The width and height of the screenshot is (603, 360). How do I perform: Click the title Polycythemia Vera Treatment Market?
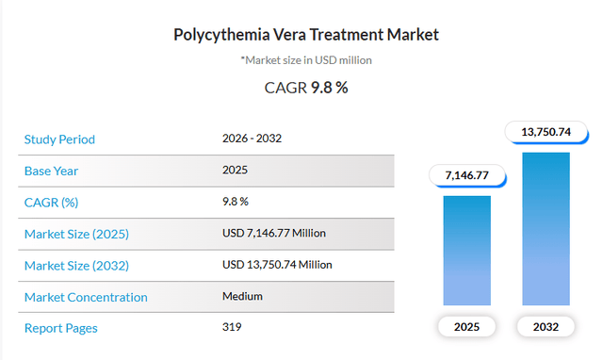click(305, 35)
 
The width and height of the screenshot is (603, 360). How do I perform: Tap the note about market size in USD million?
click(305, 60)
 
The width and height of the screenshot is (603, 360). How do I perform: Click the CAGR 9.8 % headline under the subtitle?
click(305, 89)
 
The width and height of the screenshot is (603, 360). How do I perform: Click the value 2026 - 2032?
click(252, 139)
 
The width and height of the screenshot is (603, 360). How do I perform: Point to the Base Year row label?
click(51, 171)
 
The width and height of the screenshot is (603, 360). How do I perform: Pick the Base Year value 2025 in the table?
click(235, 171)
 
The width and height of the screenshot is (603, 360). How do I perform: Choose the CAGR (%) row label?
click(51, 202)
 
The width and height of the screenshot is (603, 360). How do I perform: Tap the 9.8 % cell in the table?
click(236, 202)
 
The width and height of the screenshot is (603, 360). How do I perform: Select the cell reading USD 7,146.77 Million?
click(273, 233)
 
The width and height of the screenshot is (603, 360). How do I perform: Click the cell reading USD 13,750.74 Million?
click(277, 265)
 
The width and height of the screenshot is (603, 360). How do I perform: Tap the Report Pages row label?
click(60, 328)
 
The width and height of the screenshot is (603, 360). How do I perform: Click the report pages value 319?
click(232, 328)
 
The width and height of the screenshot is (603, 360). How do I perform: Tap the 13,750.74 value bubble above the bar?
click(546, 132)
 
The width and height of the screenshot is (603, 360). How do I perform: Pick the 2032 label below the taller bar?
click(546, 328)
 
